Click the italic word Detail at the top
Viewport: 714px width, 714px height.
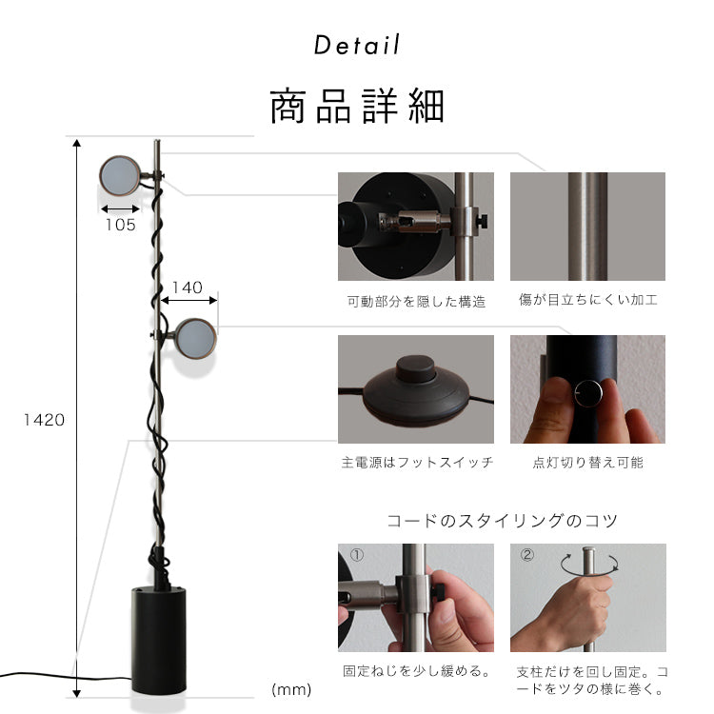click(357, 45)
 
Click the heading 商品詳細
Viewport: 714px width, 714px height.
click(357, 106)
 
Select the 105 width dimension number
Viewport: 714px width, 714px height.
click(120, 225)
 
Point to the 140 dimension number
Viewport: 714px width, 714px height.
click(188, 287)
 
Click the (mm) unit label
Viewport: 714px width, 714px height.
click(291, 688)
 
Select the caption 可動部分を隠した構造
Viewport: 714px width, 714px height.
click(416, 302)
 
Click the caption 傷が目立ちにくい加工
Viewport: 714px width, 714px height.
click(587, 300)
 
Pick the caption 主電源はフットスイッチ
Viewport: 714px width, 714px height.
click(416, 463)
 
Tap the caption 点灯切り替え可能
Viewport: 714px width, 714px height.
click(587, 463)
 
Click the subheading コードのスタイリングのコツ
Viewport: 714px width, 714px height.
click(502, 521)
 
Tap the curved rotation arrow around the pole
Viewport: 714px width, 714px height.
click(587, 564)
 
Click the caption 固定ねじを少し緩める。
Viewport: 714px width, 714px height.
click(416, 671)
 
